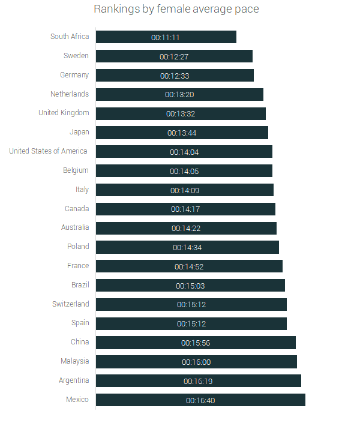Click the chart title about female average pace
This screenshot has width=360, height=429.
(176, 10)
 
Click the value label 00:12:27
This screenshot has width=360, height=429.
(174, 56)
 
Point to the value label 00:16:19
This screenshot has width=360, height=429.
(198, 381)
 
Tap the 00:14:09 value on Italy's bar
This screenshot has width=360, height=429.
(185, 190)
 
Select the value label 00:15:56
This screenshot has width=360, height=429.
(196, 343)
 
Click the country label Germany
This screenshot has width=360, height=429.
(74, 75)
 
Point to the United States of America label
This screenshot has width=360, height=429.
(48, 151)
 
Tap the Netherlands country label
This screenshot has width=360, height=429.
(70, 94)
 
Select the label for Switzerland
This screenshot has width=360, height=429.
(70, 304)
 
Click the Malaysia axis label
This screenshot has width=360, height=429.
(74, 361)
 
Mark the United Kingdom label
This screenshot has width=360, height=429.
(64, 113)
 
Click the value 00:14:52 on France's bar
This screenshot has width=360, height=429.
(189, 266)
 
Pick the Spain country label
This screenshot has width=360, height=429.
(80, 323)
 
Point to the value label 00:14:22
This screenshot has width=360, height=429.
(186, 229)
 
